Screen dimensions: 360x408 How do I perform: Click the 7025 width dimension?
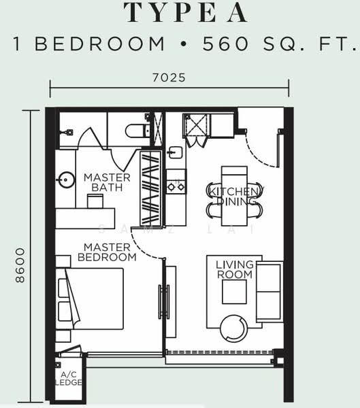pos(169,78)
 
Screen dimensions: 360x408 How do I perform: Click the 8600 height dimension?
pos(20,265)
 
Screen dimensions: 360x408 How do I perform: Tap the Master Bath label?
pos(107,182)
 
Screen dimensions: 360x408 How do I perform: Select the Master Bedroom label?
pos(107,252)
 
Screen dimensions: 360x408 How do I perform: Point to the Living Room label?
pos(235,269)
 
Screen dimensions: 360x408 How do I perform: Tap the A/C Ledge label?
pos(69,379)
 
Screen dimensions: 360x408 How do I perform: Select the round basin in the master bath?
pos(66,180)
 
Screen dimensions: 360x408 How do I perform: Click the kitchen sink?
pos(175,152)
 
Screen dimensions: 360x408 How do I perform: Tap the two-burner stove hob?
pos(176,182)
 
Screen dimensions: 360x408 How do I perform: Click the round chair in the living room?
pos(233,328)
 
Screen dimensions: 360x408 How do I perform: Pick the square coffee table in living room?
pos(235,292)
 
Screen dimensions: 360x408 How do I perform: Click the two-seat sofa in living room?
pos(269,292)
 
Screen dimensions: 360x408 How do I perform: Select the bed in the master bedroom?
pos(90,299)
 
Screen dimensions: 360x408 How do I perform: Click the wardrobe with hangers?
pos(150,188)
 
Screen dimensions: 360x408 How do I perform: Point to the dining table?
pos(234,196)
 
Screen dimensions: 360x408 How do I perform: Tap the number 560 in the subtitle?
pos(225,44)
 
